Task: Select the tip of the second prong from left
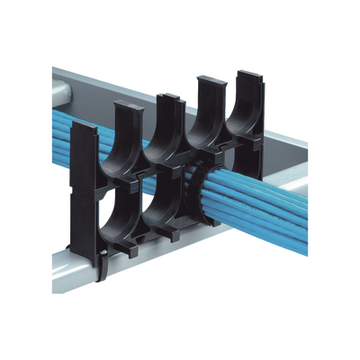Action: [124, 107]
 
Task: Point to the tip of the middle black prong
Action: [168, 96]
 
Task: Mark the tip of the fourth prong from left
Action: [208, 85]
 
